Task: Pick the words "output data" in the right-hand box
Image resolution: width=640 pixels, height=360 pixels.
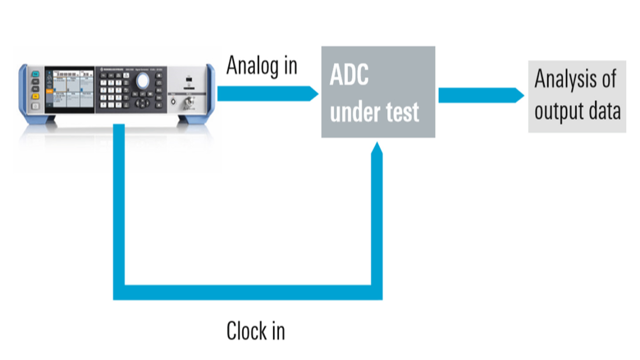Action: [577, 111]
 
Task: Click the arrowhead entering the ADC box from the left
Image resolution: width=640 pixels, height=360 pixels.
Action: [313, 94]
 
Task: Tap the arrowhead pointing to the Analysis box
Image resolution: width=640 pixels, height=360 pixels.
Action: [519, 95]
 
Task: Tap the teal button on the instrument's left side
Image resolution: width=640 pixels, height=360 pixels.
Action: [35, 74]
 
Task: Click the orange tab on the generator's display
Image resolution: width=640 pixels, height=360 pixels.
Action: [49, 91]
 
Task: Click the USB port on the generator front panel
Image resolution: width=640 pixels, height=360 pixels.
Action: [188, 79]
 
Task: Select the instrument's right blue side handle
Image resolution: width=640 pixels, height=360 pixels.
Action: [210, 91]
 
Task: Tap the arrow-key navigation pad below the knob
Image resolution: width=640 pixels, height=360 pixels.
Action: [143, 102]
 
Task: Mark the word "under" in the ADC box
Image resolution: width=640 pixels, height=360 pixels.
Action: [353, 113]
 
